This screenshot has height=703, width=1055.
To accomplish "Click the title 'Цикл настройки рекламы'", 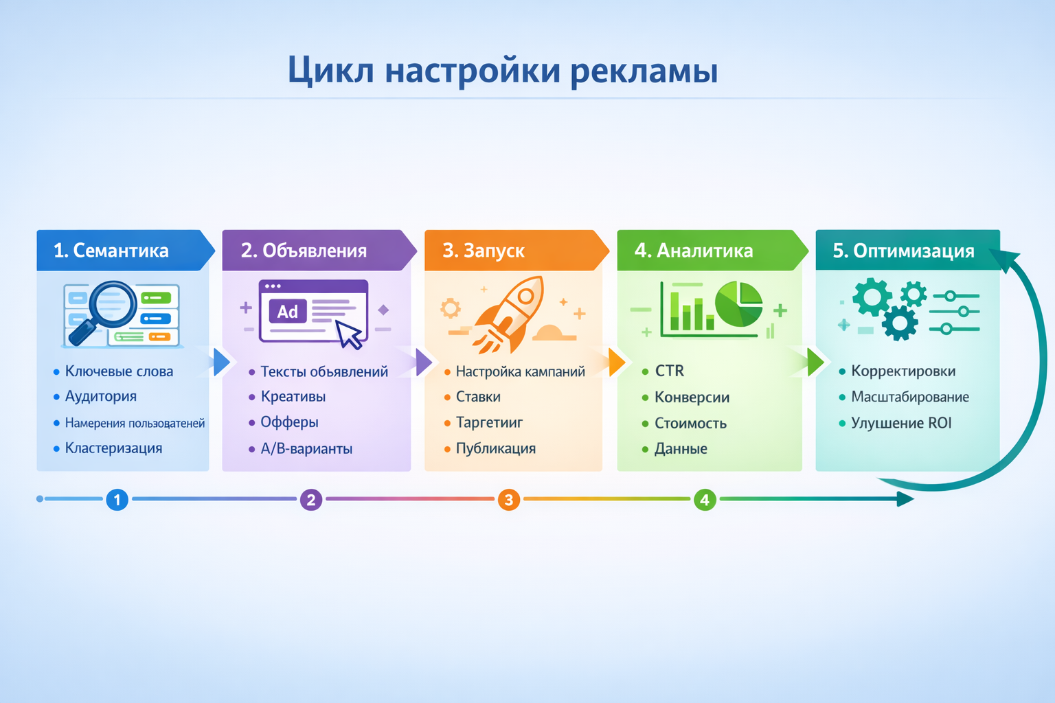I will coord(502,71).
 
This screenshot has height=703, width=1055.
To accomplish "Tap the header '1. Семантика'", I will coord(111,251).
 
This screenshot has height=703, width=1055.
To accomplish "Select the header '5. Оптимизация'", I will coord(903,251).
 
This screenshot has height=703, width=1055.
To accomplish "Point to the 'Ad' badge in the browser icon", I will coord(287,312).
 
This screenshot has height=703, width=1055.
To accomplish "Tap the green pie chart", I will coord(738,304).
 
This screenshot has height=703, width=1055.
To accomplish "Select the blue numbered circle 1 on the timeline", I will coord(117,499).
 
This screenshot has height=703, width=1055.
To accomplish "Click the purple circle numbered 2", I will coord(311,499).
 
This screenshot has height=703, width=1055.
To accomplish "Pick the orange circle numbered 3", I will coord(508,499).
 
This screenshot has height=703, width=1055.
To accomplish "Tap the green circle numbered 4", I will coord(704,499).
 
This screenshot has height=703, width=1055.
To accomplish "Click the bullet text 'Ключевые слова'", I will coord(119,371).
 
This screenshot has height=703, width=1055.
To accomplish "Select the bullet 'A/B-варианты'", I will coord(306,449).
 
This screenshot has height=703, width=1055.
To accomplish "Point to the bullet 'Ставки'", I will coord(478,397).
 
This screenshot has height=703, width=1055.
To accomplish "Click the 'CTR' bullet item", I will coord(669,371).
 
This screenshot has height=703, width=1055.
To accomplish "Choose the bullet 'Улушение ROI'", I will coord(901,423).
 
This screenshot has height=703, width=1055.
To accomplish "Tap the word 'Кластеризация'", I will coord(113,448).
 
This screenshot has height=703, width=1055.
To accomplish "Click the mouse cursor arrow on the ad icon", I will coord(350,335).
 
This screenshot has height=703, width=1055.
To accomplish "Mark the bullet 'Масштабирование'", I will coord(910,397).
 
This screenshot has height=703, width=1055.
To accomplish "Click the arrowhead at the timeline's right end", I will coord(905,499).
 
